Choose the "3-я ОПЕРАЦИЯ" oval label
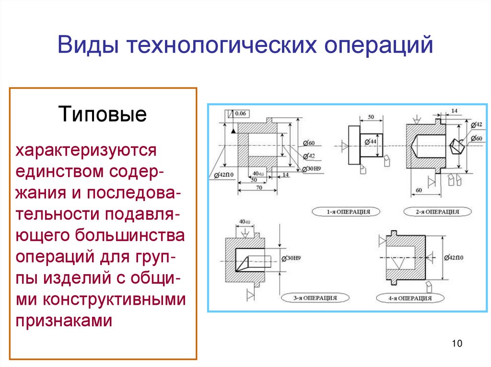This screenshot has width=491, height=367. tap(314, 298)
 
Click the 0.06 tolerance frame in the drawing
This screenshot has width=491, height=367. tap(238, 113)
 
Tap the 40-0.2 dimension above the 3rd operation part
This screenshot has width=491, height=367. tap(245, 222)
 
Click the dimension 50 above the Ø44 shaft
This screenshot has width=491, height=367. tap(371, 117)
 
